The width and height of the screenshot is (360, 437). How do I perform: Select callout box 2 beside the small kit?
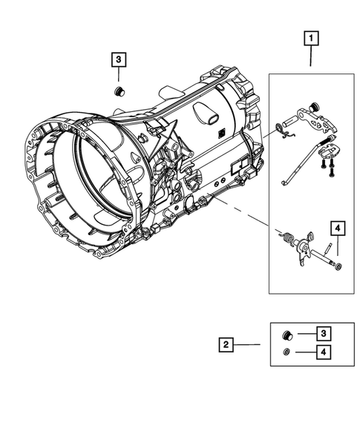click(226, 344)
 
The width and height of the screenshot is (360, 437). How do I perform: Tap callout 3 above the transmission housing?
click(118, 61)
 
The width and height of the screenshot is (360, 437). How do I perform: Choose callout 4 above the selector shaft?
click(338, 229)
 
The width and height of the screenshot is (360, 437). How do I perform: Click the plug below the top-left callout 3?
click(117, 91)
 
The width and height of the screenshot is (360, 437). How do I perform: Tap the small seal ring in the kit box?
click(286, 352)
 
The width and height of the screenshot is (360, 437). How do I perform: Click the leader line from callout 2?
click(249, 344)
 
